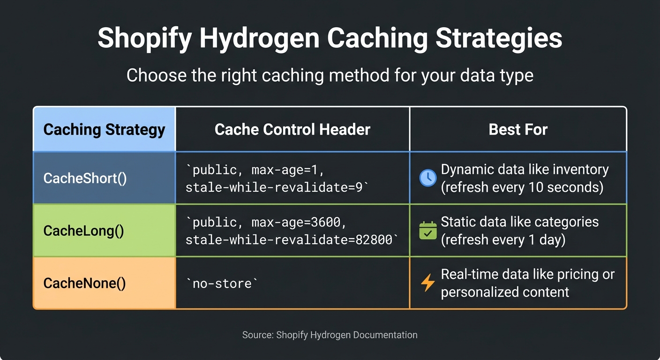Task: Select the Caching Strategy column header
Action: pyautogui.click(x=104, y=129)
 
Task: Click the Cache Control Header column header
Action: pyautogui.click(x=292, y=129)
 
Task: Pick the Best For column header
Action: pyautogui.click(x=518, y=129)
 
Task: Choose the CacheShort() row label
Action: pyautogui.click(x=85, y=178)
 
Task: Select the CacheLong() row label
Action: pyautogui.click(x=83, y=231)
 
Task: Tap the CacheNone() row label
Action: pyautogui.click(x=84, y=283)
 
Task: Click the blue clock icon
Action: pyautogui.click(x=427, y=178)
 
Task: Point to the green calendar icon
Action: pyautogui.click(x=427, y=231)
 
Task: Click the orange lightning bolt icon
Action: pyautogui.click(x=427, y=283)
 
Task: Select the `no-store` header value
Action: pyautogui.click(x=222, y=283)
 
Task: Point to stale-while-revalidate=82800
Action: pyautogui.click(x=289, y=240)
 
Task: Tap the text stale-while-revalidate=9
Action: pyautogui.click(x=275, y=187)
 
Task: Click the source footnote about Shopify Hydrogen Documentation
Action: pyautogui.click(x=330, y=335)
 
